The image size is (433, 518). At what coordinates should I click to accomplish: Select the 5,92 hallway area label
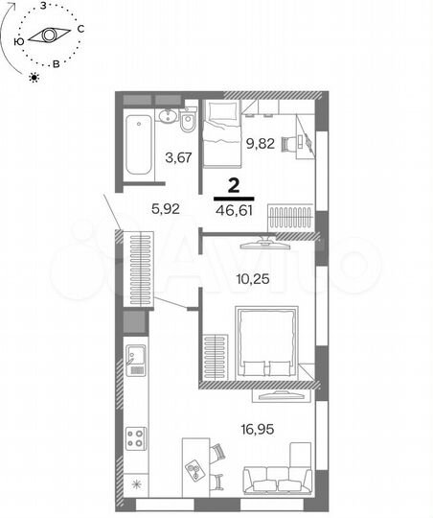(165, 203)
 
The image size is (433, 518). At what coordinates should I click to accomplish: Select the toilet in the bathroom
(188, 123)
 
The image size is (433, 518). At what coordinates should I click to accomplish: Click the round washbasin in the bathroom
(169, 118)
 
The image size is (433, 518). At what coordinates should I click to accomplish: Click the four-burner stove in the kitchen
(135, 436)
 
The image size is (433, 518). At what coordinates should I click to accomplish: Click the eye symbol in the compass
(45, 36)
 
